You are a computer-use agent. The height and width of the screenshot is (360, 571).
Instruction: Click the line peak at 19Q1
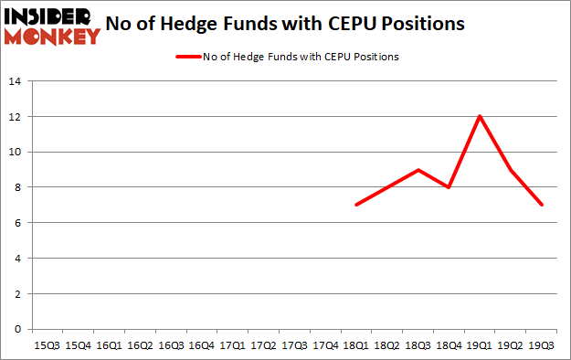tap(480, 116)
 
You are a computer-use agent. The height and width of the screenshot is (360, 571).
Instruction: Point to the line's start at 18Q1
tap(355, 205)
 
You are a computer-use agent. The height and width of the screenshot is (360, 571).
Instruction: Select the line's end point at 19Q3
tap(541, 205)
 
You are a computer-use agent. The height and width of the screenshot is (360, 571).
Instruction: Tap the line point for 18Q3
tap(418, 170)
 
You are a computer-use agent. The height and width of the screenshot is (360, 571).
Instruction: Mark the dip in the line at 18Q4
tap(449, 187)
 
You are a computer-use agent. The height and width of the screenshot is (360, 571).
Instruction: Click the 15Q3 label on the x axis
tap(47, 345)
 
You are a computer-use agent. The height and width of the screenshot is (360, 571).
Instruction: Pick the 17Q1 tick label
tap(232, 345)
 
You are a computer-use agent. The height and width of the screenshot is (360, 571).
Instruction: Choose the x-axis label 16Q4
tap(201, 345)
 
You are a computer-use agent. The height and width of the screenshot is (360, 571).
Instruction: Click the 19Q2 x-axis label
tap(510, 345)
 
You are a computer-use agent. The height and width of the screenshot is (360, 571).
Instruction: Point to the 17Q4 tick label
tap(324, 345)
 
